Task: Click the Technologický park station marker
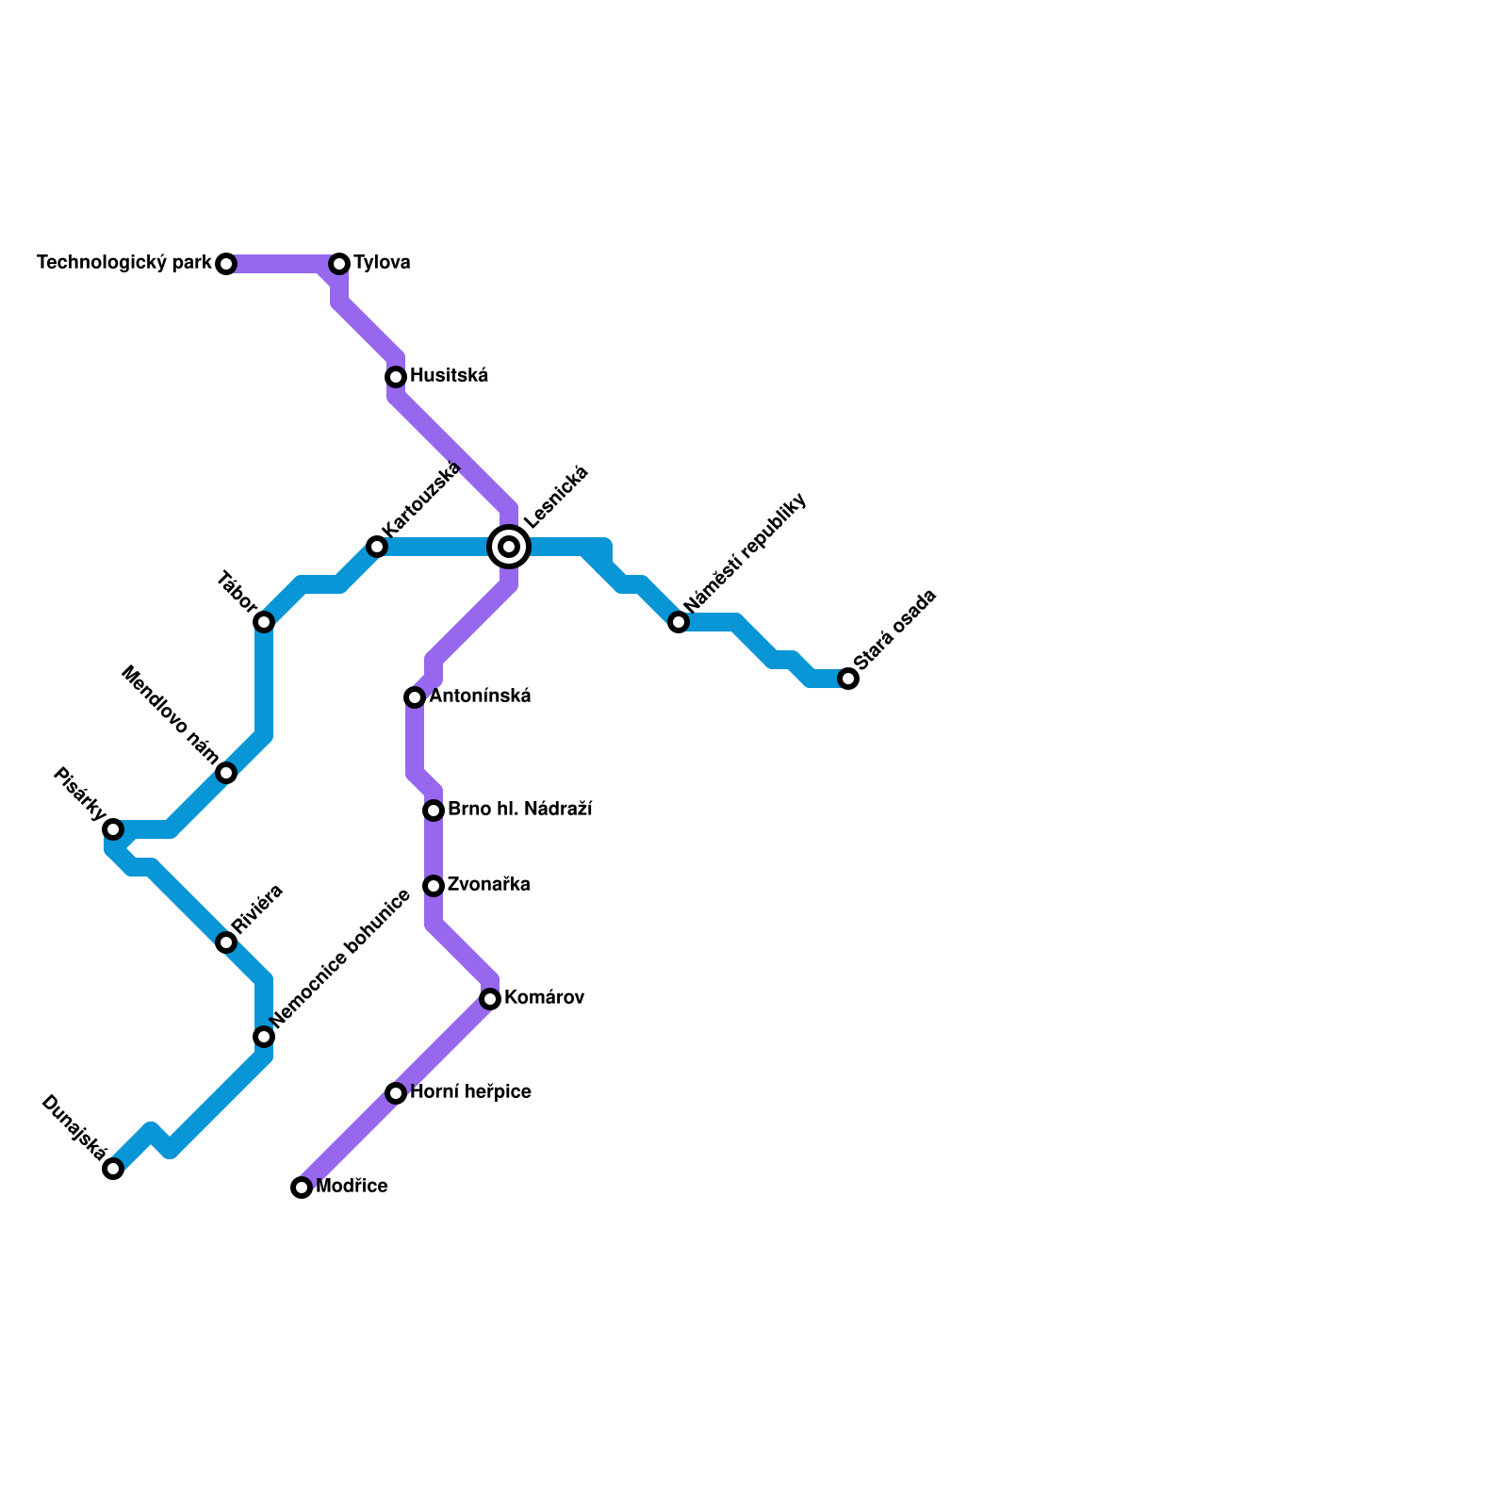click(x=226, y=264)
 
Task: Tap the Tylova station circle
click(x=339, y=264)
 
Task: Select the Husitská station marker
click(x=396, y=377)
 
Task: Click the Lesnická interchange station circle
click(x=509, y=547)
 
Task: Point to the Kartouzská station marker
click(x=377, y=547)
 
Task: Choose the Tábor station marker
click(x=264, y=622)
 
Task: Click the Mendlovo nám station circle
click(x=226, y=773)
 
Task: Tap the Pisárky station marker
click(x=113, y=829)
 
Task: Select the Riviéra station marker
click(x=226, y=942)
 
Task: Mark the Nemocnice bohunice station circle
click(x=264, y=1037)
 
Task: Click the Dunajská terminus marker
click(x=113, y=1169)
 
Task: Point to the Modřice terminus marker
click(x=302, y=1188)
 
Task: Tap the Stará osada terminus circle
click(x=848, y=679)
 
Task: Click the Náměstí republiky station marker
click(x=679, y=622)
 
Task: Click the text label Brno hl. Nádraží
click(x=519, y=810)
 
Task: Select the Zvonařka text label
click(x=488, y=885)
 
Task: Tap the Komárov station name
click(x=544, y=998)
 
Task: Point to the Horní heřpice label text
click(x=470, y=1092)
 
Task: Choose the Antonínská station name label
click(x=480, y=697)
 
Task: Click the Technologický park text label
click(x=124, y=263)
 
